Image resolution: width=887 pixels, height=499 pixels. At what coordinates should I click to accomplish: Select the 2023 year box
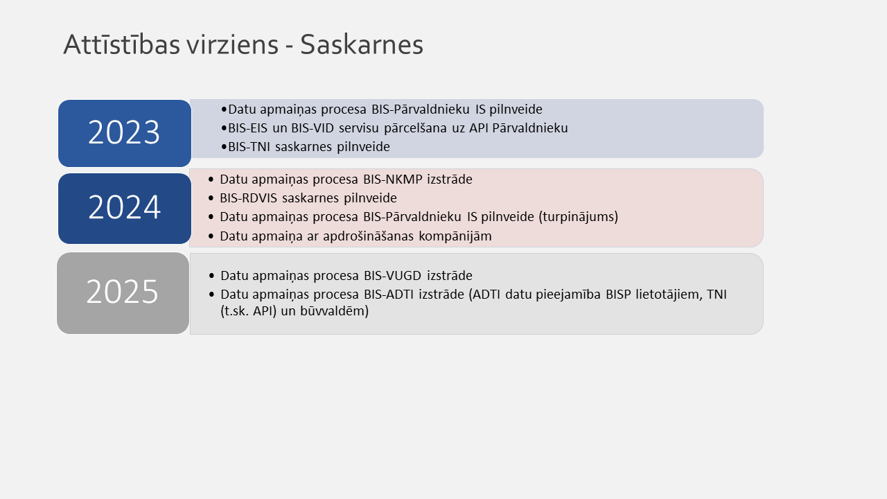pyautogui.click(x=124, y=133)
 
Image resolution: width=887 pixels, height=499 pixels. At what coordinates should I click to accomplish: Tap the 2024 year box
pyautogui.click(x=124, y=208)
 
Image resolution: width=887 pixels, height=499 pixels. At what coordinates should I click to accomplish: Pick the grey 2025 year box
pyautogui.click(x=123, y=292)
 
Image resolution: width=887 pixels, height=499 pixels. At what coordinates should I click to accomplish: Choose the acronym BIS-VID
pyautogui.click(x=313, y=128)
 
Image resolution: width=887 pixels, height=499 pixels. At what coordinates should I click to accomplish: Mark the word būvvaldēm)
pyautogui.click(x=333, y=312)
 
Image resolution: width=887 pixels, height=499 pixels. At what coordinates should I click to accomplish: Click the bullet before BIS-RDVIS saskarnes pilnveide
pyautogui.click(x=211, y=198)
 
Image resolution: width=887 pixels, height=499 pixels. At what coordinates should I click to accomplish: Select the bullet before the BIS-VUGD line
pyautogui.click(x=211, y=276)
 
